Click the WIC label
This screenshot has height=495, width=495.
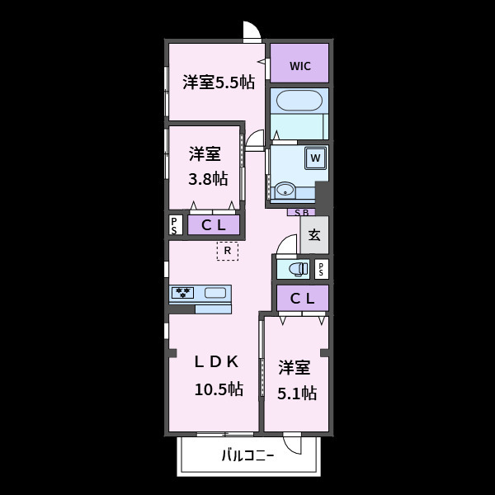click(300, 66)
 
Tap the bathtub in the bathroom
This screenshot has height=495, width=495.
click(299, 101)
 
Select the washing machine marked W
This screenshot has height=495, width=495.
click(315, 158)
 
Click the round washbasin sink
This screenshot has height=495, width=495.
click(285, 191)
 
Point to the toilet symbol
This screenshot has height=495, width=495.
click(299, 269)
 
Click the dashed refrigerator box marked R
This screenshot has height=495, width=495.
click(228, 251)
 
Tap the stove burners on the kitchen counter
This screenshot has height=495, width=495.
click(182, 293)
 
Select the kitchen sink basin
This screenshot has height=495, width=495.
click(215, 293)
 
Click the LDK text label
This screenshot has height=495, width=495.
click(216, 362)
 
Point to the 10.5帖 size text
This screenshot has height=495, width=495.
click(219, 389)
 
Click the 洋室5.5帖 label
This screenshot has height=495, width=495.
click(219, 82)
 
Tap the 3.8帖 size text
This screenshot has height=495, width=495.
click(208, 179)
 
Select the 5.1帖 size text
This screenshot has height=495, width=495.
click(297, 394)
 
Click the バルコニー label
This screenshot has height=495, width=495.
click(247, 456)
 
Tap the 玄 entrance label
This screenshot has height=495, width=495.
click(314, 235)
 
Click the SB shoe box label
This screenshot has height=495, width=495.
click(301, 213)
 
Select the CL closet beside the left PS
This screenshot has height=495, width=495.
click(214, 225)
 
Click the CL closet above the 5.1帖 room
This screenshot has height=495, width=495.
click(303, 299)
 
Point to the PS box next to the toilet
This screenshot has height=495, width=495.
click(322, 269)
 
